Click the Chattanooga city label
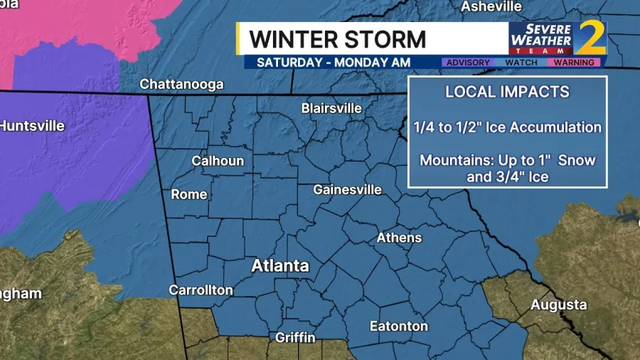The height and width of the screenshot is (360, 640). coord(181,84)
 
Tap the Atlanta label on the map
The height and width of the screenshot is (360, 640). coord(280,266)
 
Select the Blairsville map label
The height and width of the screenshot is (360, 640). coord(331,108)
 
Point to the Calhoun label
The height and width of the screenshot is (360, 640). coord(218,161)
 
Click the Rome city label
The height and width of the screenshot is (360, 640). coord(189,194)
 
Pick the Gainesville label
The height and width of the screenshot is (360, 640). coord(348,190)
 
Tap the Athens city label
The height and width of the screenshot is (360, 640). coord(399,238)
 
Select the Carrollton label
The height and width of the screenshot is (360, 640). coord(201,290)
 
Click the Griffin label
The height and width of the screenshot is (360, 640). coord(297,337)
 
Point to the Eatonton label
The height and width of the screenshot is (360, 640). coord(399,327)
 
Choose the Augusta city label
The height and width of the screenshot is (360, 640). coord(559,305)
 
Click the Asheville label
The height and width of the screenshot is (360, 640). coord(491,6)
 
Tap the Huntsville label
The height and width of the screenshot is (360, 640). coord(31,126)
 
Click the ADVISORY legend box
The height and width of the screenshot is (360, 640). coord(467,63)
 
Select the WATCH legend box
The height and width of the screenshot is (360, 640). coord(521,63)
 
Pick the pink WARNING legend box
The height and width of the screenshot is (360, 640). coord(574,63)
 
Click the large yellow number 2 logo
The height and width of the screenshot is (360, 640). coord(591,38)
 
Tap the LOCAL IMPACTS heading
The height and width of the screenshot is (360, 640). coord(507,92)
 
